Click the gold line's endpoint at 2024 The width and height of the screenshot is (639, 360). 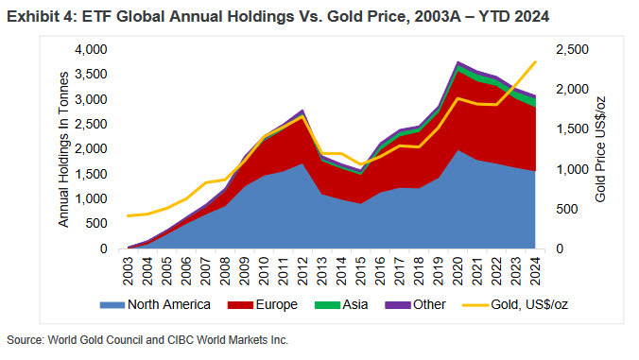[x=535, y=62]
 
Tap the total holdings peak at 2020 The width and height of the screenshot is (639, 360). [x=458, y=62]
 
